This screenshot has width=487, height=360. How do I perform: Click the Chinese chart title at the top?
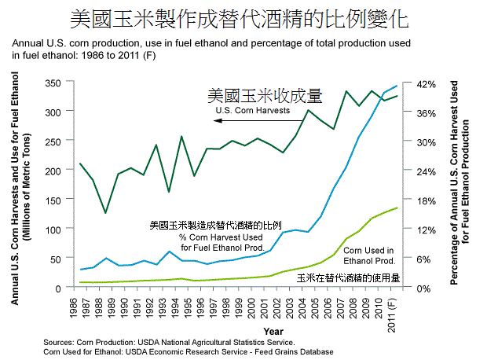pyautogui.click(x=244, y=18)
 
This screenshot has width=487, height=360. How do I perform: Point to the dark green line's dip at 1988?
pyautogui.click(x=105, y=213)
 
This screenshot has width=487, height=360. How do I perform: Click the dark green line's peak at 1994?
pyautogui.click(x=181, y=137)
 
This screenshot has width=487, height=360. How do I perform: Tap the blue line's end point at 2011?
pyautogui.click(x=396, y=86)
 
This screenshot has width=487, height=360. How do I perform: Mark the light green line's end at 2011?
pyautogui.click(x=396, y=208)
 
